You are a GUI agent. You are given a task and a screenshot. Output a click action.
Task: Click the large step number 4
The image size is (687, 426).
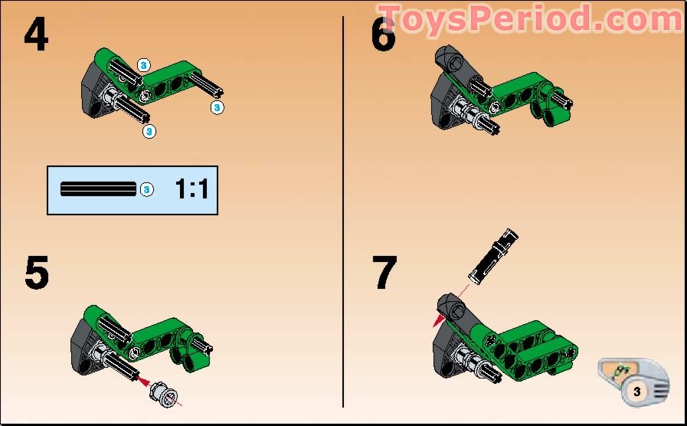37,34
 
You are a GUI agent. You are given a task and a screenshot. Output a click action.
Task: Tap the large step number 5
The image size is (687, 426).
36,273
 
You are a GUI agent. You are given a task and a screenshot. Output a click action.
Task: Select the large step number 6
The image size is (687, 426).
383,34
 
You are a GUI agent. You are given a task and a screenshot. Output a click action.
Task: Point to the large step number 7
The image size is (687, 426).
384,273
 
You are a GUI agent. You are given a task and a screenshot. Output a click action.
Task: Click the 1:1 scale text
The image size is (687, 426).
191,189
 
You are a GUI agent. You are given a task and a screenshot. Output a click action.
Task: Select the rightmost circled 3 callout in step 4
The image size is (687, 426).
218,108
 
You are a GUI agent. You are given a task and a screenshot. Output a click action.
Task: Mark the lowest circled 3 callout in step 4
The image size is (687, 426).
149,131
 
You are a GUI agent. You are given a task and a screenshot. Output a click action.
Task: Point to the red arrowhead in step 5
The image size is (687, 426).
139,377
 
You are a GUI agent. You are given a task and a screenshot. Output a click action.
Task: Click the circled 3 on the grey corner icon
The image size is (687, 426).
637,391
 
